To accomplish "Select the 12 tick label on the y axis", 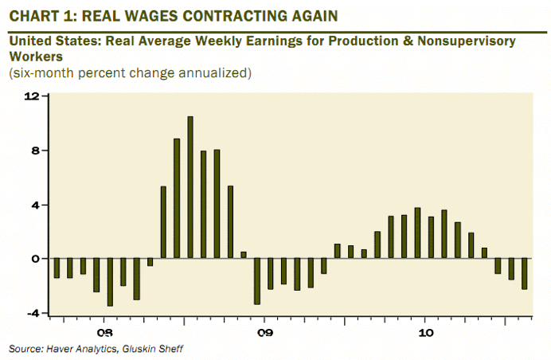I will click(x=32, y=96).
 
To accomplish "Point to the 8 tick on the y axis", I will click(x=34, y=151).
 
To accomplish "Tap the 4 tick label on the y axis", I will click(x=34, y=205).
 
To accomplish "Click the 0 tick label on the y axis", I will click(x=34, y=259).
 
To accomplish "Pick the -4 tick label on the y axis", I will click(x=32, y=313).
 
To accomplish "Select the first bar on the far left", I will click(x=57, y=268).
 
